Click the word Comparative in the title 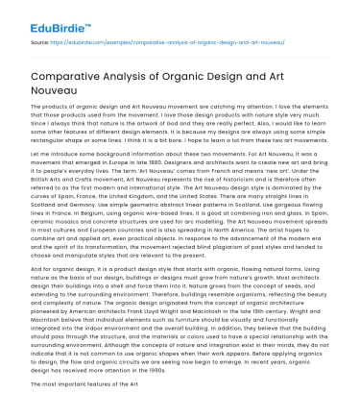[64, 76]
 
